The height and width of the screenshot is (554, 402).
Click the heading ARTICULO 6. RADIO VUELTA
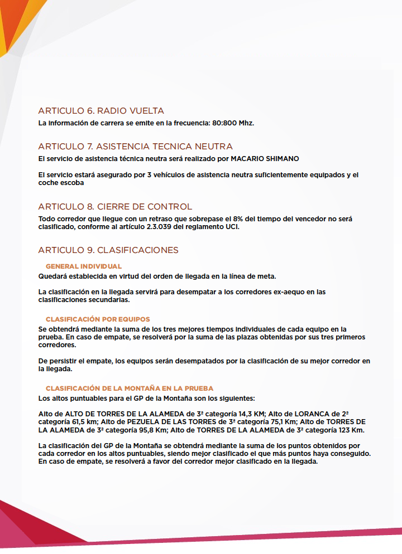tap(101, 111)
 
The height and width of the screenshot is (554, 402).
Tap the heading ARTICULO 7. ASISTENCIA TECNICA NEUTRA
tap(135, 147)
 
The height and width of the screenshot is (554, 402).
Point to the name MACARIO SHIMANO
tap(265, 158)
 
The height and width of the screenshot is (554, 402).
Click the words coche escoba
tap(61, 182)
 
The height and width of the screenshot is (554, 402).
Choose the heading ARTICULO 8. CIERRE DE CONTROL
tap(115, 207)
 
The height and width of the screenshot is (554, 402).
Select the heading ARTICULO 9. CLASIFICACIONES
tap(108, 250)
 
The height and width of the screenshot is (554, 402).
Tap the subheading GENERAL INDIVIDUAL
tap(84, 266)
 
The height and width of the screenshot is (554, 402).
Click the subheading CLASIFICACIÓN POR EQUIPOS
tap(98, 319)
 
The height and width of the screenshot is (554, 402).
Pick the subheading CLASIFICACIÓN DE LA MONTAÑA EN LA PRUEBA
tap(130, 388)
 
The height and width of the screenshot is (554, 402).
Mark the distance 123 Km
tap(350, 430)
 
